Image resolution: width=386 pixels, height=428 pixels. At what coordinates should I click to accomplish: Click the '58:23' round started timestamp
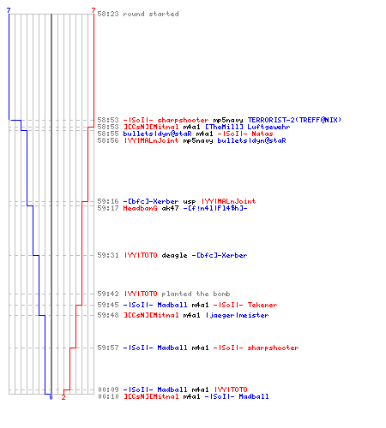[108, 14]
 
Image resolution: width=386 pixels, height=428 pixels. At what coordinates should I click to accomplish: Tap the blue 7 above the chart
[9, 10]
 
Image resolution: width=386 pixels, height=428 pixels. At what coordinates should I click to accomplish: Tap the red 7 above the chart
[93, 10]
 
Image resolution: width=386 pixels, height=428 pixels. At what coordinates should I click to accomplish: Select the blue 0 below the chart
[51, 397]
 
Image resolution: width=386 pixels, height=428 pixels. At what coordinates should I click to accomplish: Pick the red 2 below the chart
[63, 397]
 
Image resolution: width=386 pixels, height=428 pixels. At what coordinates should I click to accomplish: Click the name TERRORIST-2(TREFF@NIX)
[294, 120]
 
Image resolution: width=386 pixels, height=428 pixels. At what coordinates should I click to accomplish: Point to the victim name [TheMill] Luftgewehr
[248, 127]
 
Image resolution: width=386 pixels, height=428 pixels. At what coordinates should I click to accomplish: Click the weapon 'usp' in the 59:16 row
[190, 201]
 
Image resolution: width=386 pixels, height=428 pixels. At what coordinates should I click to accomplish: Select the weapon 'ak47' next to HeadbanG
[170, 208]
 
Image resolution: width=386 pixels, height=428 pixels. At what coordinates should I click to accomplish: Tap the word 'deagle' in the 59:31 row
[174, 255]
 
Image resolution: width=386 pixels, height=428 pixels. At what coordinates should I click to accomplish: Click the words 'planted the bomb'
[196, 294]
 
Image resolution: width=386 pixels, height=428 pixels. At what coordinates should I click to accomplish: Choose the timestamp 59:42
[108, 294]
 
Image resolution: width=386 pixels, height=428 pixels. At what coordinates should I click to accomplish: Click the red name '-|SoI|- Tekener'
[245, 305]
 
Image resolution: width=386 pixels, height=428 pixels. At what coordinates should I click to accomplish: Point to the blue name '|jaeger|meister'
[237, 315]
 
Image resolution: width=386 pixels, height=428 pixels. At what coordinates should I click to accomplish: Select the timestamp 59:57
[108, 348]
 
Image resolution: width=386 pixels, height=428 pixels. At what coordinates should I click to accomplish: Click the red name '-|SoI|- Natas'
[245, 134]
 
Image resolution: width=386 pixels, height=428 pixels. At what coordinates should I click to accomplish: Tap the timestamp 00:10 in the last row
[108, 396]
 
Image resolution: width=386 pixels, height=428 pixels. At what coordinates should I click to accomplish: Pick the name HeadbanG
[140, 208]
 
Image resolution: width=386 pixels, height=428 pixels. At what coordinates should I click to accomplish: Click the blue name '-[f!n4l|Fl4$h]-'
[215, 208]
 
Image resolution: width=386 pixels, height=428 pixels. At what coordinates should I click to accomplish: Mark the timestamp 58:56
[108, 140]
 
